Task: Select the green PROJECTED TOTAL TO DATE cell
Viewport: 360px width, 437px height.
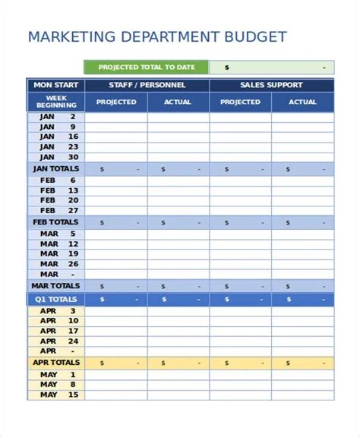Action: (146, 67)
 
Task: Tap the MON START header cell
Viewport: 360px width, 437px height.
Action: (55, 85)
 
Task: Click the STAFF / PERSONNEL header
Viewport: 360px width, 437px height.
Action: (147, 85)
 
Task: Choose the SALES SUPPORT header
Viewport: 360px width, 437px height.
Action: (271, 85)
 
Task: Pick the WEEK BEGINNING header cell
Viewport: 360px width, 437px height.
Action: (55, 102)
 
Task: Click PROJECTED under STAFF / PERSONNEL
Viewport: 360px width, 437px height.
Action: (115, 102)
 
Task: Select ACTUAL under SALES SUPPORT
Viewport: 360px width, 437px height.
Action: (302, 102)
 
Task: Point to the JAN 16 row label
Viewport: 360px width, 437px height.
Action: (55, 137)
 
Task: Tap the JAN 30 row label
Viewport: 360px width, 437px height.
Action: (55, 157)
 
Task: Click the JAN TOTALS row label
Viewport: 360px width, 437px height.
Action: (55, 169)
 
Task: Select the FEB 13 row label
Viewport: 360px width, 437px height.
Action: (55, 190)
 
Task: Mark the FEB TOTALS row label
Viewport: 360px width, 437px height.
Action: (55, 222)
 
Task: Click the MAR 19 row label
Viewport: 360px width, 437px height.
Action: (55, 254)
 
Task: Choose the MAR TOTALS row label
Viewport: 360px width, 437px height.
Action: (55, 286)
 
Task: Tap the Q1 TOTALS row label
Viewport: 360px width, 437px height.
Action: (55, 300)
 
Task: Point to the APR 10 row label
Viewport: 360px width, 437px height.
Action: (55, 320)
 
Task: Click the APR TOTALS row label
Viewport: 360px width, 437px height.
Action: (55, 363)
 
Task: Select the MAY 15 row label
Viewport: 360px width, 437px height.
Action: (55, 395)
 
